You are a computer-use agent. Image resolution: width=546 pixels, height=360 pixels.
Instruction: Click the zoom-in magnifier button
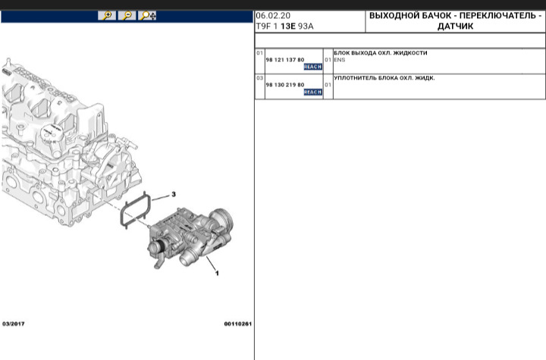108,15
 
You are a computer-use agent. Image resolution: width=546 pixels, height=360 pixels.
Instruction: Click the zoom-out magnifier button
127,15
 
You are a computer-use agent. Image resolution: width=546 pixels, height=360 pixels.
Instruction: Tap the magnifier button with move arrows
148,15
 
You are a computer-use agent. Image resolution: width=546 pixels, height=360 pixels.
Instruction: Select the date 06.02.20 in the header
272,15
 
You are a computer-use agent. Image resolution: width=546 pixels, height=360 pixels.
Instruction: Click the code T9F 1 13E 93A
285,26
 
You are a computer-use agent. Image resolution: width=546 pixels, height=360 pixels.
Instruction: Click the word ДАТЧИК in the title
456,26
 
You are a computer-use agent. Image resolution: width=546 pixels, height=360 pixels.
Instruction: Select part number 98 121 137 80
284,59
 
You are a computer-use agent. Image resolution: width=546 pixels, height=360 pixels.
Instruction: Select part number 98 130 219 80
284,85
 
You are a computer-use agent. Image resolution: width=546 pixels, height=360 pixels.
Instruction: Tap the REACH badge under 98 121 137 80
312,67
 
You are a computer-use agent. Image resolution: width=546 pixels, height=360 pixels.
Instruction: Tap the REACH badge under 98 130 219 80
312,92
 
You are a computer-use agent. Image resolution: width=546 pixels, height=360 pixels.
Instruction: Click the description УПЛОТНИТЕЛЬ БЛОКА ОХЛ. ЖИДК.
384,78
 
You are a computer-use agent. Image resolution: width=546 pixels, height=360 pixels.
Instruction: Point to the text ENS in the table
339,59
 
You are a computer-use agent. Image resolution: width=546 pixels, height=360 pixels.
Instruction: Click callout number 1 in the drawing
217,273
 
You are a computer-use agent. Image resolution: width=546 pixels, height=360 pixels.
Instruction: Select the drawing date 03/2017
14,324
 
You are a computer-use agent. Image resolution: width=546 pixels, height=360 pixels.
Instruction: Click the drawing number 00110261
237,324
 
